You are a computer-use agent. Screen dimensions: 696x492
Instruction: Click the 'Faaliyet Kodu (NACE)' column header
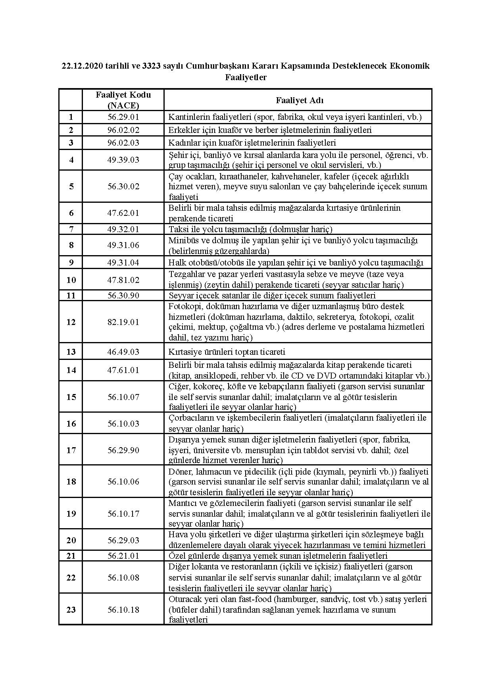point(123,100)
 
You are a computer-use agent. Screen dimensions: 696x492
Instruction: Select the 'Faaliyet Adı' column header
point(300,100)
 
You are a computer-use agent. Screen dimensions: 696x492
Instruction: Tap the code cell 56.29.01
point(123,117)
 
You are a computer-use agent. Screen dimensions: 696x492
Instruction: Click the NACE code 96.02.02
point(123,130)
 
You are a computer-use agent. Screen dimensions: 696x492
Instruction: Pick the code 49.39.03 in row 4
point(123,160)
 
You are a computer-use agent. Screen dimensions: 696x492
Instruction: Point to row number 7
point(71,229)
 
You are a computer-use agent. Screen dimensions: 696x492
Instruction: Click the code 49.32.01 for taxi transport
point(123,229)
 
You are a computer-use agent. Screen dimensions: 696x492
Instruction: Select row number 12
point(71,322)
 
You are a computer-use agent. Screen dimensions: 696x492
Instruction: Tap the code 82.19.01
point(123,322)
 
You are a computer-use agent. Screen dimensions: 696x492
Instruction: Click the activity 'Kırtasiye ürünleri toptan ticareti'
point(227,352)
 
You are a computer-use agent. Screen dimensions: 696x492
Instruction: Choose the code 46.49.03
point(123,352)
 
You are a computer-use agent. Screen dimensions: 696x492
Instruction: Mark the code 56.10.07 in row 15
point(123,397)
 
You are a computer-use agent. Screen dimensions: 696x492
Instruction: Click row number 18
point(71,481)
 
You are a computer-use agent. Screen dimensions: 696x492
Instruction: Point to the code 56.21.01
point(123,556)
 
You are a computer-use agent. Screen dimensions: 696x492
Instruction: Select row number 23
point(71,609)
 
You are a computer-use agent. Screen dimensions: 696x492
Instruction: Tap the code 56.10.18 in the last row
point(123,609)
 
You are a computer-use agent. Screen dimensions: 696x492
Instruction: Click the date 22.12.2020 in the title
point(82,66)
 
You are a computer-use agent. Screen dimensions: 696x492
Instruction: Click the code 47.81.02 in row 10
point(123,280)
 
